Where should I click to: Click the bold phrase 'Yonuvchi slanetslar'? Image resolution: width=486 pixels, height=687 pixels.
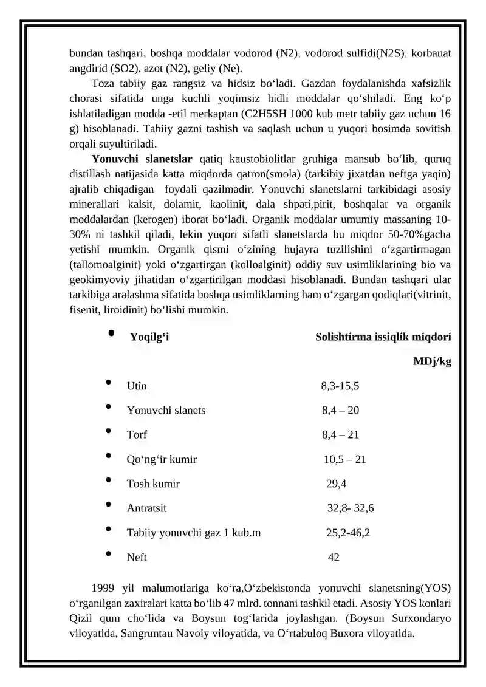point(142,159)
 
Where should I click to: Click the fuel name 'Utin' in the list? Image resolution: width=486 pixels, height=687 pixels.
point(137,386)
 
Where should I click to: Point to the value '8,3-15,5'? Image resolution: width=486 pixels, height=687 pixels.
point(340,386)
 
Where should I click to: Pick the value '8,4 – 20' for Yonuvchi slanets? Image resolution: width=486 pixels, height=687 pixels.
point(340,410)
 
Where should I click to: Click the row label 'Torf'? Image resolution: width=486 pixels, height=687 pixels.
point(137,434)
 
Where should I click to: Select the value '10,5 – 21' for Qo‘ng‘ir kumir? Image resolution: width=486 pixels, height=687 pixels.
point(344,459)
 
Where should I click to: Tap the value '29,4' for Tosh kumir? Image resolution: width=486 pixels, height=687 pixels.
point(337,484)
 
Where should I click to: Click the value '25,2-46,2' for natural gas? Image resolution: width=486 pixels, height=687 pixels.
point(348,533)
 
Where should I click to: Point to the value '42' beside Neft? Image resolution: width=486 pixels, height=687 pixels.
point(334,557)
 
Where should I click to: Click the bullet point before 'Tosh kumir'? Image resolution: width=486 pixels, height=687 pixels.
point(108,480)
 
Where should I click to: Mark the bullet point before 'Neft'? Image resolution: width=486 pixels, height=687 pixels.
point(108,553)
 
